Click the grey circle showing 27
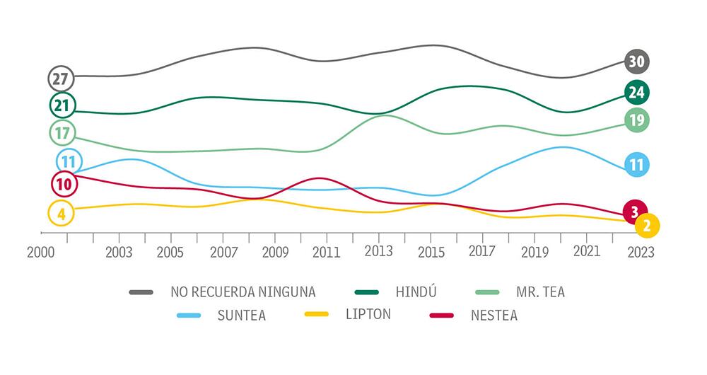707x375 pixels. tap(62, 78)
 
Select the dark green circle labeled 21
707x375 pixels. tap(62, 105)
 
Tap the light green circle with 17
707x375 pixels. tap(62, 132)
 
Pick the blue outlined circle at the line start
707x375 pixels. tap(69, 161)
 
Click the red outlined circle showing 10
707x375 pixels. tap(64, 184)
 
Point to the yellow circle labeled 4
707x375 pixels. tap(61, 212)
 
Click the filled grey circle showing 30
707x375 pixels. tap(636, 62)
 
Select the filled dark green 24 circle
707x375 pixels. tap(636, 92)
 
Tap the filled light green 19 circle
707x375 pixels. tap(636, 120)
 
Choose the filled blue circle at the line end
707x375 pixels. tap(636, 166)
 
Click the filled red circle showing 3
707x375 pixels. tap(635, 212)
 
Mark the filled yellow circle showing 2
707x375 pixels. tap(647, 226)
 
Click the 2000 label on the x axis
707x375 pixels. tap(41, 253)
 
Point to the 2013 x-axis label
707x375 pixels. tap(379, 252)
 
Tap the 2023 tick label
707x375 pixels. tap(641, 253)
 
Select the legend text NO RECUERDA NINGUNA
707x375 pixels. tap(243, 292)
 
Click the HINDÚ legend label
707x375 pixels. tap(412, 292)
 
